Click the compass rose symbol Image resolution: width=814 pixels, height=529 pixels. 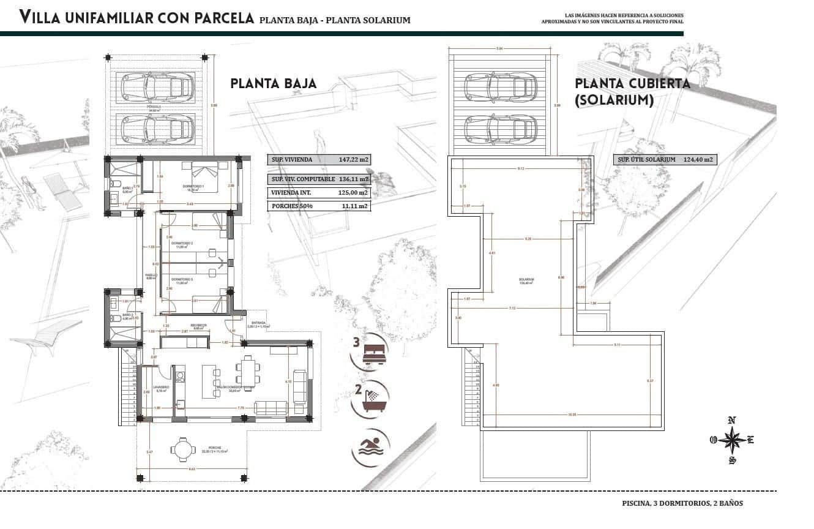[x=731, y=439]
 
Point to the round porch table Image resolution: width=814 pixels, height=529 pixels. [x=181, y=449]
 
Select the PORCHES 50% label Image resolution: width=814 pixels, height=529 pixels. [x=292, y=206]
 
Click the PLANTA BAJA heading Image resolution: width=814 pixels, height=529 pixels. [x=273, y=84]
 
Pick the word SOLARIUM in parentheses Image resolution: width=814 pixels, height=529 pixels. [x=614, y=99]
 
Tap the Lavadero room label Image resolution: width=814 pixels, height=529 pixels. [x=161, y=387]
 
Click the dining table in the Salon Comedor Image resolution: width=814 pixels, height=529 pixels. [x=248, y=371]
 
